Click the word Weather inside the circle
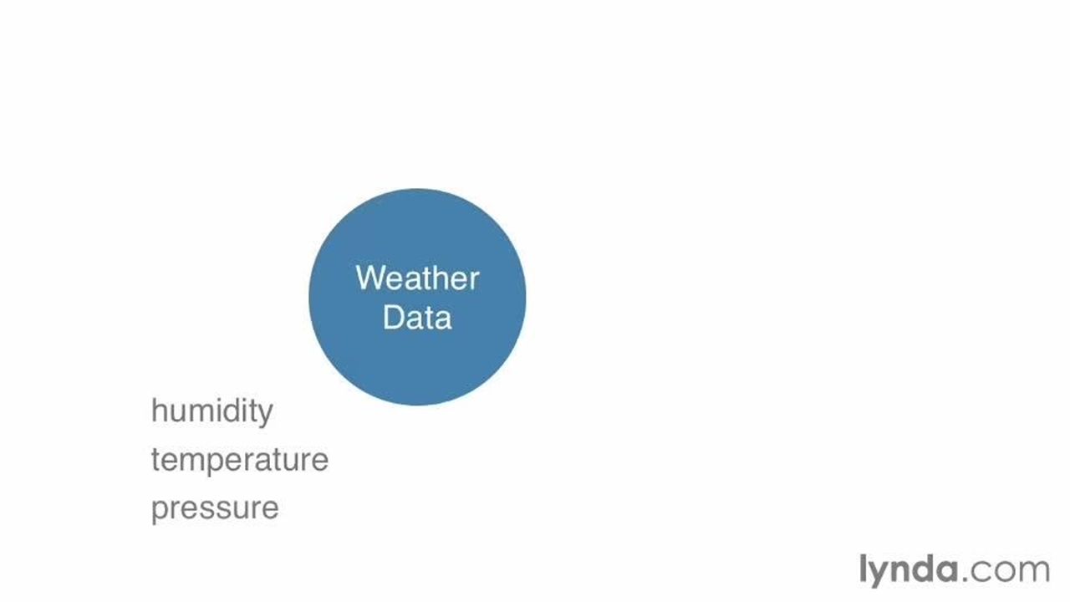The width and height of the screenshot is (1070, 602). tap(417, 278)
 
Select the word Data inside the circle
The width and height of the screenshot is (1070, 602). tap(417, 317)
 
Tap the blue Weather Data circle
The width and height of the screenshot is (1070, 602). tap(417, 297)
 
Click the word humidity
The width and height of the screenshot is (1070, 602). tap(212, 411)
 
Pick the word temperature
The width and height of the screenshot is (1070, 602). tap(240, 460)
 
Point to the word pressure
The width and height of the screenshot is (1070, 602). tap(215, 508)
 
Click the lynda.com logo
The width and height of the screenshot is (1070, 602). tap(955, 570)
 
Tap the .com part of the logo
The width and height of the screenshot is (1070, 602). tap(1006, 570)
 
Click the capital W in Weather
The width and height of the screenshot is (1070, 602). tap(370, 278)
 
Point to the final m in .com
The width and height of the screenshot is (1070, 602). tap(1035, 570)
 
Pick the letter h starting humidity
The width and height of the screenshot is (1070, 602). tap(159, 411)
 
